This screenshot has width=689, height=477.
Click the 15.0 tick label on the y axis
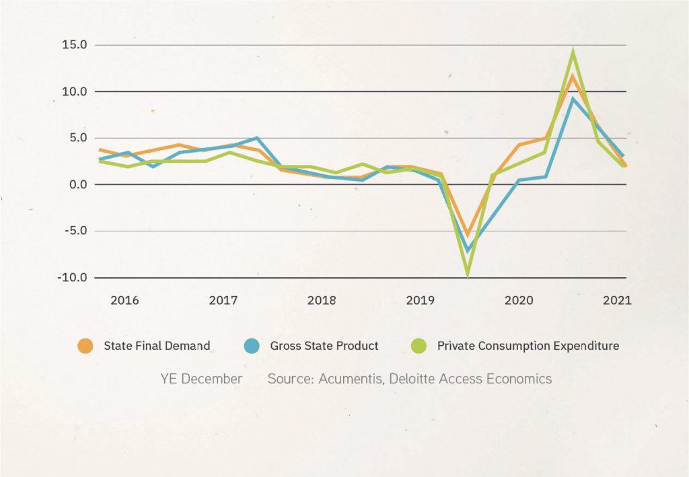tap(73, 45)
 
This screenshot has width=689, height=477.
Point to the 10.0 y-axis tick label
tap(73, 91)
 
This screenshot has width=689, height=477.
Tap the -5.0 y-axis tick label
tap(73, 231)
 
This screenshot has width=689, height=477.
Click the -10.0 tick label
tap(71, 277)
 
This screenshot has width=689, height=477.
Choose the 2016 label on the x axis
tap(124, 300)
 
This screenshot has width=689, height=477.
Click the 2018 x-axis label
tap(322, 300)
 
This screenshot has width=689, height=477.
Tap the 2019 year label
tap(420, 300)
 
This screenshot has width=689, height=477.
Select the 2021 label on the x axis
tap(617, 300)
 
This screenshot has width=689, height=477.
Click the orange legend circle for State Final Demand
tap(85, 346)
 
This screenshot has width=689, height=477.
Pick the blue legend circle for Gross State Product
tap(252, 346)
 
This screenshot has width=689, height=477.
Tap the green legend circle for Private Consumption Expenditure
tap(419, 346)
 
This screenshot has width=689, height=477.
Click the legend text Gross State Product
tap(324, 346)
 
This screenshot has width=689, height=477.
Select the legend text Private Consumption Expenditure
tap(528, 346)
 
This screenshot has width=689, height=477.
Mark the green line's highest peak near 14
tap(573, 51)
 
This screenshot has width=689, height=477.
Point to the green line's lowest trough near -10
tap(467, 274)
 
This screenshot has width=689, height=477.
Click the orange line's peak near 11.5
tap(573, 75)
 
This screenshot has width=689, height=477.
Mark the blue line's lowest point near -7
tap(468, 251)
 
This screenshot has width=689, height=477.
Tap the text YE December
tap(201, 379)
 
